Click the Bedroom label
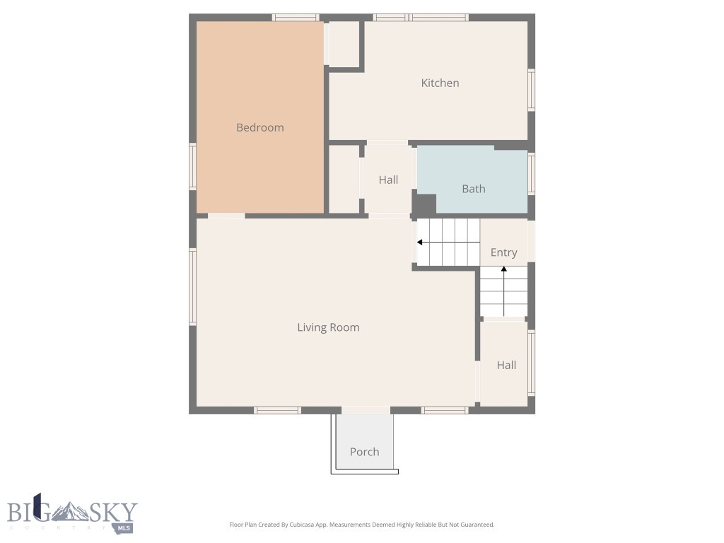pos(259,127)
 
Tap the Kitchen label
pos(440,83)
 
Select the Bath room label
pos(473,189)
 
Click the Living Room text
pos(328,327)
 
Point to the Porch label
pos(364,452)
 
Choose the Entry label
pos(503,252)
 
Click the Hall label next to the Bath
pos(388,180)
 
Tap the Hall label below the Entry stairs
pos(506,365)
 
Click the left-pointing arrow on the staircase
pos(420,243)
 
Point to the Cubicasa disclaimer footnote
pos(361,525)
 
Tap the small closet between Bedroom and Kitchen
pos(344,44)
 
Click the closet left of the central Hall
pos(344,179)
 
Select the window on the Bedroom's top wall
pos(295,17)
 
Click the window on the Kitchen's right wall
pos(531,90)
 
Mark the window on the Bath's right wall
pos(531,173)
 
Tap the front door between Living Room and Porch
pos(366,410)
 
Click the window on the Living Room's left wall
pos(192,286)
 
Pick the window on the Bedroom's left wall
pos(192,167)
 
